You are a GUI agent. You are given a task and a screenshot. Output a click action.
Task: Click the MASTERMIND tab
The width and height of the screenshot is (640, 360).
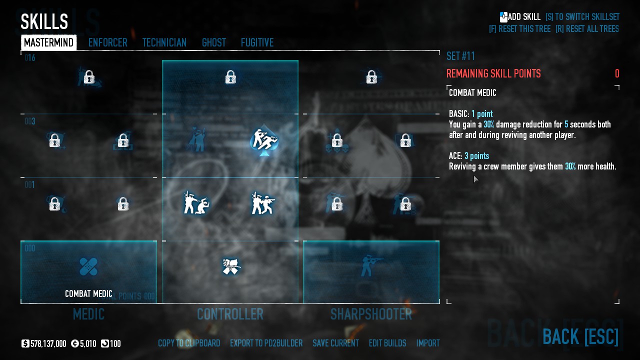48,43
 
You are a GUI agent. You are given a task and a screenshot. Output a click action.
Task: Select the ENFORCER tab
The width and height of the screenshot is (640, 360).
107,43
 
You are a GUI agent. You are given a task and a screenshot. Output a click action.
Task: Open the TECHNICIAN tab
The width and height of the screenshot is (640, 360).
164,43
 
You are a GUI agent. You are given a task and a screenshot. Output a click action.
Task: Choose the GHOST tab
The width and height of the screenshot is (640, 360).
213,43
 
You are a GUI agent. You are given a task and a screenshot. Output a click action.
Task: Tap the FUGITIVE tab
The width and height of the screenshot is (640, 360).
257,43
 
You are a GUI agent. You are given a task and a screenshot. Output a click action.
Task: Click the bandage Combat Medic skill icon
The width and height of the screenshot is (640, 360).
88,266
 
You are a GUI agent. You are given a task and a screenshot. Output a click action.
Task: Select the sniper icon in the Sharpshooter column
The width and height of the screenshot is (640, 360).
371,266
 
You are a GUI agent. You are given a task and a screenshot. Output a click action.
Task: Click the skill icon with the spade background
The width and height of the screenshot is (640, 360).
263,140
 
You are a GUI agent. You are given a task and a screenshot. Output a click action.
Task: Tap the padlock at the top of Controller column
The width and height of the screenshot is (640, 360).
230,77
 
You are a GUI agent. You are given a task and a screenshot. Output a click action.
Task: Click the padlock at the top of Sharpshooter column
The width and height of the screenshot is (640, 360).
371,77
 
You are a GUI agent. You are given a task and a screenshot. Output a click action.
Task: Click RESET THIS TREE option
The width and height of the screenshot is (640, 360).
519,29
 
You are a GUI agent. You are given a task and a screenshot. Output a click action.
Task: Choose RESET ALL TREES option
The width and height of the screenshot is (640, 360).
587,29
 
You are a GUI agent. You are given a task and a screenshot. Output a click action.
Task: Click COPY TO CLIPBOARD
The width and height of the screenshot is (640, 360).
189,343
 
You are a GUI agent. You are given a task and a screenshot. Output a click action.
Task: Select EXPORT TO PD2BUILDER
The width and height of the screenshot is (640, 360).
266,343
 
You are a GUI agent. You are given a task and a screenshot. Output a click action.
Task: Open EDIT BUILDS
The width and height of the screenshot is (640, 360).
387,343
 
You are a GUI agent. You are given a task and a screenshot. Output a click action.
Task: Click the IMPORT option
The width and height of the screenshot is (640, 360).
428,343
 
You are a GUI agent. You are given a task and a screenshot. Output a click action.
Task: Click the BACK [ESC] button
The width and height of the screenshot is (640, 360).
580,337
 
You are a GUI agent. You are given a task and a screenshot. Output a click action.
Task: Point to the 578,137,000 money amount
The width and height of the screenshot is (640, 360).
48,344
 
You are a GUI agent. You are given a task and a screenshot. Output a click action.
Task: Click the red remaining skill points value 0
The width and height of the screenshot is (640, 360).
617,74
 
